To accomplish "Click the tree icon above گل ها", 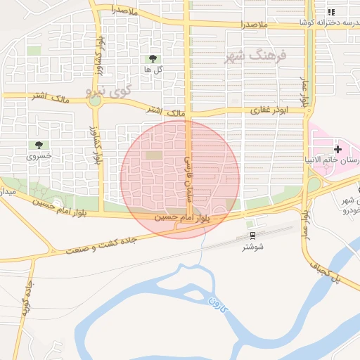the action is coord(153,59).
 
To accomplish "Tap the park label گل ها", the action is coord(153,70).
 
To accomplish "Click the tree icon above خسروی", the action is coord(39,145).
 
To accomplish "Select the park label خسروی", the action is coord(39,156).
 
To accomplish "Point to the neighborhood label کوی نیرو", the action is coord(108,91).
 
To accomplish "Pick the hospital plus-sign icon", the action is coord(338,149).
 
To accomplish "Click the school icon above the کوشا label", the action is coord(331,12).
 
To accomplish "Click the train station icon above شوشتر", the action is coord(252,236).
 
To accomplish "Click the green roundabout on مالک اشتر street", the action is coord(95,101).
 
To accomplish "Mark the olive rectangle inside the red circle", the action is coord(154,155).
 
